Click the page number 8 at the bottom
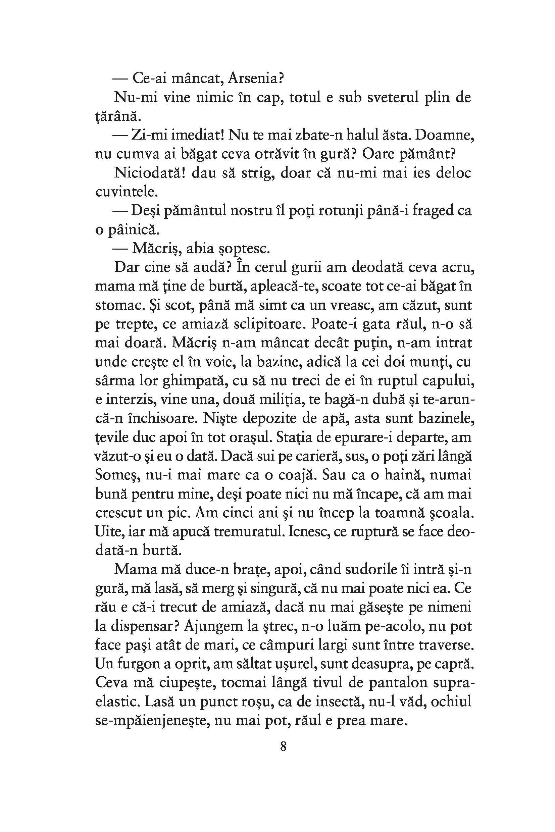[x=283, y=747]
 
